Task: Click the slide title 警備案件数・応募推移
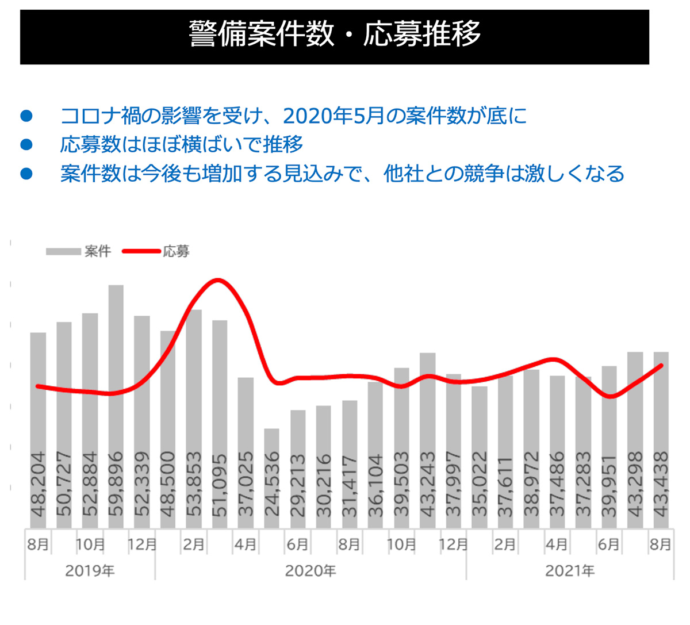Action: (334, 34)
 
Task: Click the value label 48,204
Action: (39, 483)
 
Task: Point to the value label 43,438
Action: (661, 483)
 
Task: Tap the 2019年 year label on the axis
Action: (90, 571)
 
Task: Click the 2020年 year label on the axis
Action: (310, 571)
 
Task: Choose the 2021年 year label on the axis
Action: (570, 571)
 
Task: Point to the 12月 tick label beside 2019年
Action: (142, 544)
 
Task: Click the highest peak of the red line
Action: (217, 280)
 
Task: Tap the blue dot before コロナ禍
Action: (26, 116)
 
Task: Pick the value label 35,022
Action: (479, 483)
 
